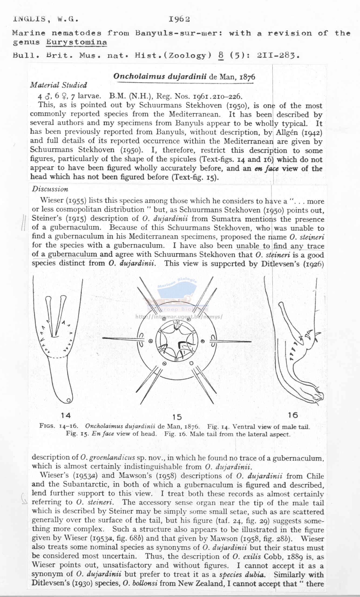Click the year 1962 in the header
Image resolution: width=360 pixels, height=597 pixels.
coord(179,19)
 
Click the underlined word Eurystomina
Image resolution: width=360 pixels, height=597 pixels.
coord(76,42)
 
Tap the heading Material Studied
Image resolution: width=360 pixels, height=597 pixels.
coord(58,85)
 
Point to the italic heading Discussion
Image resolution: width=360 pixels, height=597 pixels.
coord(50,189)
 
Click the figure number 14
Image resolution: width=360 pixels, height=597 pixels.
coord(66,415)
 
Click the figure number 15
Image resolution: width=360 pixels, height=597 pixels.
coord(177,417)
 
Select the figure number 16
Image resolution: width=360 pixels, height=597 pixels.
coord(293,415)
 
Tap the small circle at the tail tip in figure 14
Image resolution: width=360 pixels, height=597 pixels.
coord(69,400)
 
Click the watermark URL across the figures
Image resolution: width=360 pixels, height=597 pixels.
coord(179,317)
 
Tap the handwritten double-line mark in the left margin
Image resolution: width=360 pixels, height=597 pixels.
coord(23,223)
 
